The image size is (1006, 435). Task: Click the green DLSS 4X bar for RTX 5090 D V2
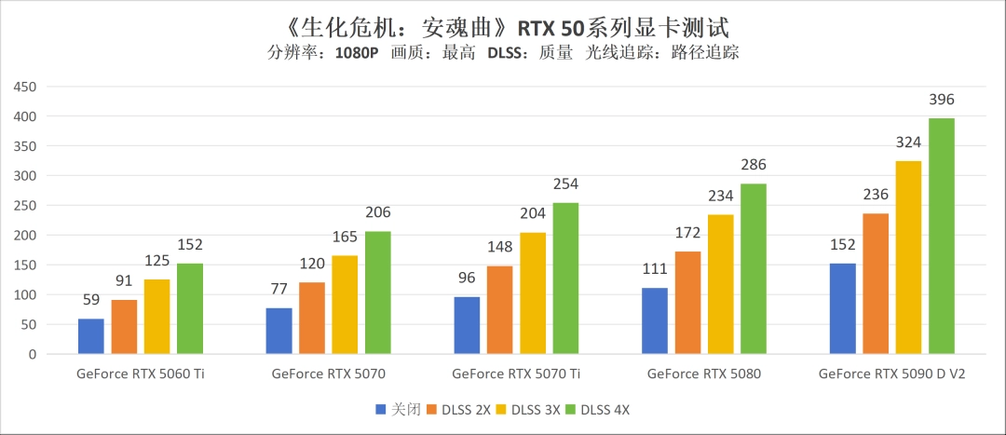pos(941,237)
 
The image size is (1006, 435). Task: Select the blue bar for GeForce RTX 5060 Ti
pos(91,336)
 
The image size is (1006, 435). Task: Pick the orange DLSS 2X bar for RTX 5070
pos(312,318)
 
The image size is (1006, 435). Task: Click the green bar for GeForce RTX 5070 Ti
pos(565,279)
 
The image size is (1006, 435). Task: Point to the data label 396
pos(941,100)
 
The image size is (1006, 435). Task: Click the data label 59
pos(91,301)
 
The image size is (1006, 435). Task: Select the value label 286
pos(754,165)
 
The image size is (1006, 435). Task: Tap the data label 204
pos(533,214)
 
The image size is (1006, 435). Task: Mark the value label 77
pos(279,290)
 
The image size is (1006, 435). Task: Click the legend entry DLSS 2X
pos(466,410)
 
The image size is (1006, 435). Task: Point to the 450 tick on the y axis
pos(24,87)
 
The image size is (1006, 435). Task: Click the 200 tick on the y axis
pos(24,236)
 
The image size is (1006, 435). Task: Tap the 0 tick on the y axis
pos(32,355)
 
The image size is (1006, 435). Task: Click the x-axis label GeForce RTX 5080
pos(703,374)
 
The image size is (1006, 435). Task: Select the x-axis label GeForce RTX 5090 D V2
pos(890,374)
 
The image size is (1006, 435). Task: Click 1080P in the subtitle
pos(357,53)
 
